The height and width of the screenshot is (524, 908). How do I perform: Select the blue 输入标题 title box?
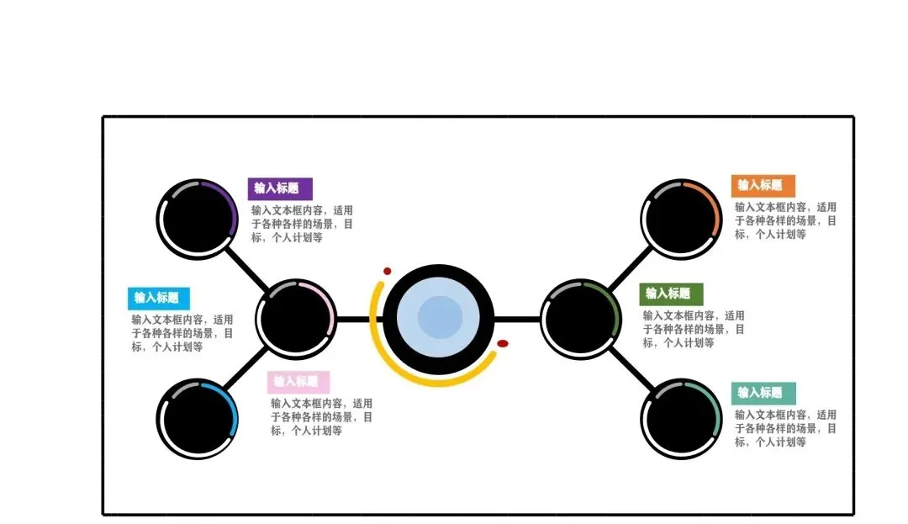click(158, 298)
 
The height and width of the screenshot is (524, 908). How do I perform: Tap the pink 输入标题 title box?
click(298, 382)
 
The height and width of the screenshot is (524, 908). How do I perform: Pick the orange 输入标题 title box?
click(761, 185)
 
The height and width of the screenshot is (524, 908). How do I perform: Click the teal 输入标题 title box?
click(761, 393)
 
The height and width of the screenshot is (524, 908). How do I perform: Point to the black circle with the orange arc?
click(682, 220)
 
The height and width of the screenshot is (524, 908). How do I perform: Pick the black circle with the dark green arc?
click(581, 320)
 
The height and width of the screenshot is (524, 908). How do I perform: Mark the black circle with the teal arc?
click(682, 419)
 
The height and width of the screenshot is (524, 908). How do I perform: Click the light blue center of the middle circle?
click(441, 319)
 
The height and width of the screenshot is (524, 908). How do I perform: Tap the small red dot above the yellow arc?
click(388, 272)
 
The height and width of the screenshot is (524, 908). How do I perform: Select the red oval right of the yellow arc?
click(503, 343)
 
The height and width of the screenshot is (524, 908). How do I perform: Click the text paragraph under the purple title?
click(302, 224)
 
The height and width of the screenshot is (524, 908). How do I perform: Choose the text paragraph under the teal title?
click(785, 428)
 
